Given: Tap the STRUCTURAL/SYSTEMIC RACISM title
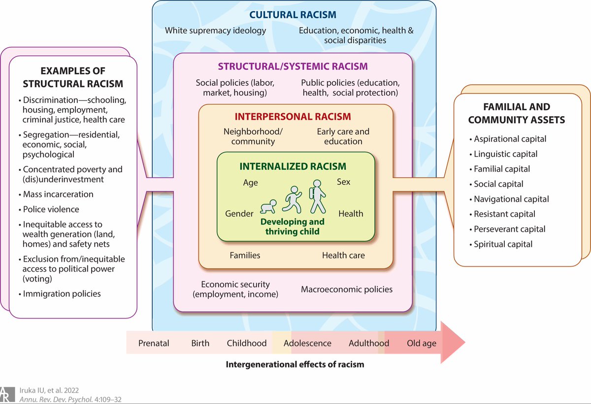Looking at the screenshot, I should pyautogui.click(x=293, y=66).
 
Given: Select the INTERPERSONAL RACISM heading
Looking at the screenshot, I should pyautogui.click(x=293, y=117).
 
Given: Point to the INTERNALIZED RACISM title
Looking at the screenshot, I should pyautogui.click(x=293, y=166).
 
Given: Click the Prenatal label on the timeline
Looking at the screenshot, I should pyautogui.click(x=153, y=343).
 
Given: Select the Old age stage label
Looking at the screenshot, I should pyautogui.click(x=422, y=343).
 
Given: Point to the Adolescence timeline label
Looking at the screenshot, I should pyautogui.click(x=307, y=343).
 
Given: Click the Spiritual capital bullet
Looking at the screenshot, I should pyautogui.click(x=502, y=244).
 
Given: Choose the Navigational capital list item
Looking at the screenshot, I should pyautogui.click(x=511, y=199).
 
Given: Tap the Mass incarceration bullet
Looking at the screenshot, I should pyautogui.click(x=58, y=194).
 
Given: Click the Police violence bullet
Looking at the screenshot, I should pyautogui.click(x=51, y=209).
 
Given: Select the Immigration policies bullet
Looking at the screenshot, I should pyautogui.click(x=62, y=294).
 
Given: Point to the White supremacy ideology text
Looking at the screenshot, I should pyautogui.click(x=215, y=31).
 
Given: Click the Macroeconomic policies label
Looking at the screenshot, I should pyautogui.click(x=347, y=289).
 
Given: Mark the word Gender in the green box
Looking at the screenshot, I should pyautogui.click(x=239, y=214).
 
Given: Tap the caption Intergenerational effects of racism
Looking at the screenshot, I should pyautogui.click(x=295, y=365).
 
